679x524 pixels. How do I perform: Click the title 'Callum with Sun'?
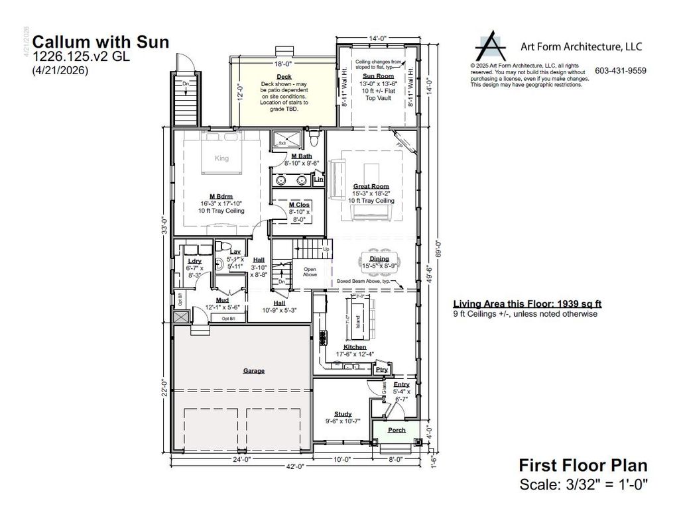pos(100,42)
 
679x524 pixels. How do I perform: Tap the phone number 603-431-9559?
pos(620,71)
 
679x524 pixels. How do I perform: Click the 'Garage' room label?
pos(253,370)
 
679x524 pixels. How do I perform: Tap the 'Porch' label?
pos(397,430)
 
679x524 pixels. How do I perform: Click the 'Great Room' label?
pos(371,186)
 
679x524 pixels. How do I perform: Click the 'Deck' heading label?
pos(284,76)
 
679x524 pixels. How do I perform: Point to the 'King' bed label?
pos(221,158)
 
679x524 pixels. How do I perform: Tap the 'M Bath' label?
pos(301,156)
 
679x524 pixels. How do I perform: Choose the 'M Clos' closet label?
pos(300,205)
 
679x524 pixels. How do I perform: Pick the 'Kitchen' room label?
pos(355,347)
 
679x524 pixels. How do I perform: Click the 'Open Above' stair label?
pos(310,272)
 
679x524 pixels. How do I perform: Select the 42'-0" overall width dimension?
pos(295,466)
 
